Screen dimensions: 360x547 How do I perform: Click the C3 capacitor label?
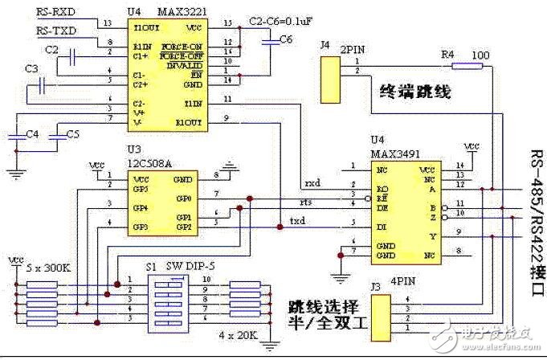pyautogui.click(x=32, y=70)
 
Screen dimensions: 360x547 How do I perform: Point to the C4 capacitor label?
pyautogui.click(x=32, y=133)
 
